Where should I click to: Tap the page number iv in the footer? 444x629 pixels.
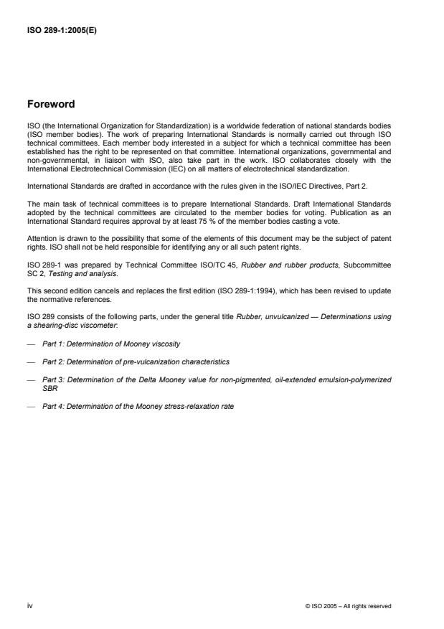tap(30, 605)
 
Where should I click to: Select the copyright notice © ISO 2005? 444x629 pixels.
tap(348, 606)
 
